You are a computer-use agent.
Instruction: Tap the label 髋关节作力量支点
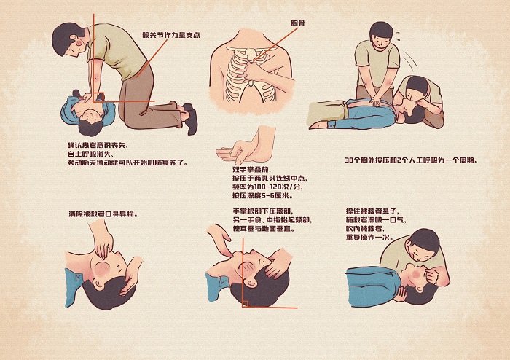point(171,34)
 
